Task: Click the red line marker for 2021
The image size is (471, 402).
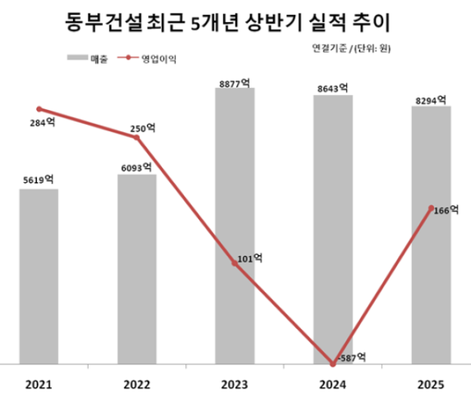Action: pyautogui.click(x=38, y=109)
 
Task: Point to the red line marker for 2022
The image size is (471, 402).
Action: pyautogui.click(x=137, y=137)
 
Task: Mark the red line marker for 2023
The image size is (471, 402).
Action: pyautogui.click(x=235, y=264)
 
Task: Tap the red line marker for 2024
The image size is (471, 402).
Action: pyautogui.click(x=333, y=364)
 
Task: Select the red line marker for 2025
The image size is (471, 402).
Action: pyautogui.click(x=431, y=208)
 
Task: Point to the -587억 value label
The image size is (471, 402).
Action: pyautogui.click(x=351, y=357)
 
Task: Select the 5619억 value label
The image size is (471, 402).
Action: pyautogui.click(x=38, y=180)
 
